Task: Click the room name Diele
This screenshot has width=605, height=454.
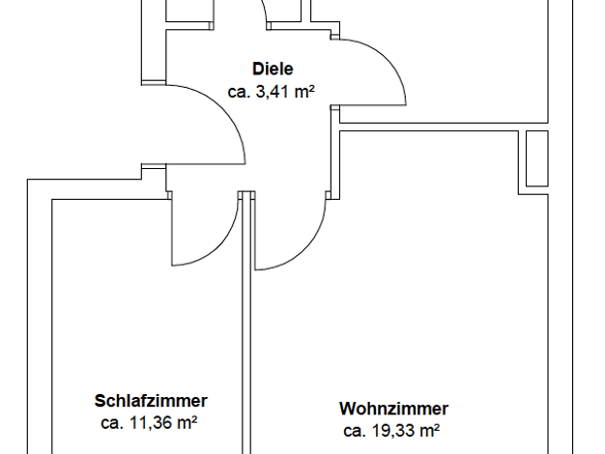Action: tap(273, 69)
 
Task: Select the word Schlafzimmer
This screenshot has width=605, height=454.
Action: tap(151, 401)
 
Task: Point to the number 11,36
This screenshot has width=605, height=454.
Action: tap(151, 423)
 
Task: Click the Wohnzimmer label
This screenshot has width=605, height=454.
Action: tap(394, 409)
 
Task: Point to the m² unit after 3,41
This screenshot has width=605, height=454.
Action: tap(304, 92)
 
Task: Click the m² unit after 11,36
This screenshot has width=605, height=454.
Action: tap(187, 422)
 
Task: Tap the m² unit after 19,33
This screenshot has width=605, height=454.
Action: tap(429, 430)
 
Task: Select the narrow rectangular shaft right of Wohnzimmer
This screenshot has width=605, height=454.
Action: tap(537, 158)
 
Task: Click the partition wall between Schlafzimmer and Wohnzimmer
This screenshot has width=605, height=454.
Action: tap(246, 323)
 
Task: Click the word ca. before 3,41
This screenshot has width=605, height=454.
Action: tap(240, 92)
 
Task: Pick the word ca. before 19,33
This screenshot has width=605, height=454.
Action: tap(355, 431)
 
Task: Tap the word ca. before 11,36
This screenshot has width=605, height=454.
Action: tap(113, 423)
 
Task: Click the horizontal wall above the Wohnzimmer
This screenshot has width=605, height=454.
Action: tap(444, 127)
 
